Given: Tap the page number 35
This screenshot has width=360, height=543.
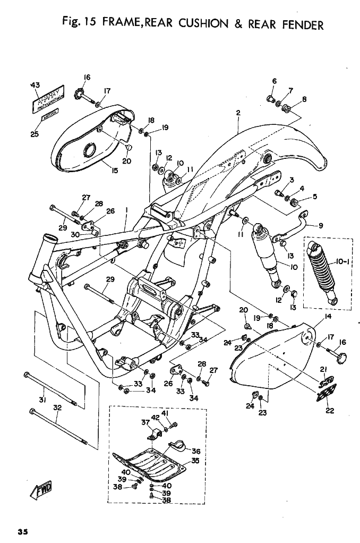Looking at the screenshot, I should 22,532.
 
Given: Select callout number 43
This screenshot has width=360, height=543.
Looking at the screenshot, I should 36,85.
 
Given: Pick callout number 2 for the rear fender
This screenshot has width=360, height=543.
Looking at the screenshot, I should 238,113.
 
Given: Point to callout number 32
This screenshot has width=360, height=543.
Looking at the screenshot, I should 58,408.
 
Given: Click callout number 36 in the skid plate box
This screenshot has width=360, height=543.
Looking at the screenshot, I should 195,451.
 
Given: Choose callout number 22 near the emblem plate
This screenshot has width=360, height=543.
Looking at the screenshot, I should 329,410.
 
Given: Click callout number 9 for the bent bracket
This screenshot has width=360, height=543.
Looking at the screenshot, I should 321,225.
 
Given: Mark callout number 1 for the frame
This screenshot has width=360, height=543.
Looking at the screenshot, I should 126,210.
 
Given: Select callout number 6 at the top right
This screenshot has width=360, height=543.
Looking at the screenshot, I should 274,81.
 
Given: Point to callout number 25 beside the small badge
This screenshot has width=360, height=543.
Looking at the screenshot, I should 35,134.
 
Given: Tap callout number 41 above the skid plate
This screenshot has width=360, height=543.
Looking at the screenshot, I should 165,413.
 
